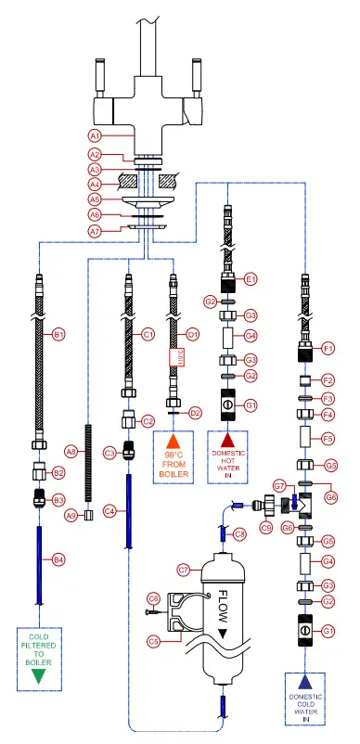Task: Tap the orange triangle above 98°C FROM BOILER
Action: click(x=171, y=438)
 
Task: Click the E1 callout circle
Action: click(x=251, y=277)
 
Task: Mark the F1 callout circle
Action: click(x=327, y=350)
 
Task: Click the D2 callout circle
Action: click(x=196, y=412)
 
